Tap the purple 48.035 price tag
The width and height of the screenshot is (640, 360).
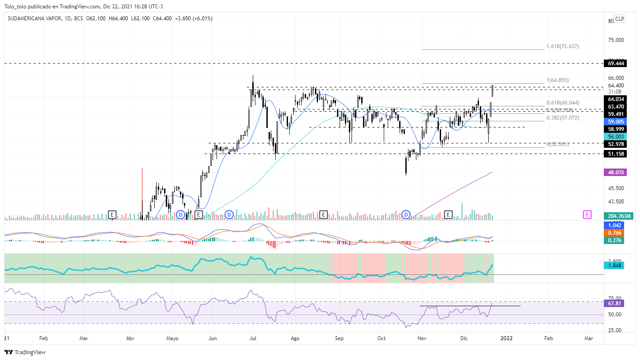[x=614, y=172]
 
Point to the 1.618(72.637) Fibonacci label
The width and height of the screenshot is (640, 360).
[x=562, y=46]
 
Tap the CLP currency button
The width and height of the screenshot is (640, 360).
[x=620, y=19]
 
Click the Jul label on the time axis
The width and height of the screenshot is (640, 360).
[x=253, y=338]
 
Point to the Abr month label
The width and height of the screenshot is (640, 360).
[x=130, y=338]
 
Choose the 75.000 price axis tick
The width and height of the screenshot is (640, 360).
[x=616, y=40]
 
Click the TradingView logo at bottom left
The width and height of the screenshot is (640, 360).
[x=25, y=352]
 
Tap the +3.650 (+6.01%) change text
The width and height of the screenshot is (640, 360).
[x=194, y=19]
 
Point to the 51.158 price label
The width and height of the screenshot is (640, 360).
[x=614, y=154]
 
